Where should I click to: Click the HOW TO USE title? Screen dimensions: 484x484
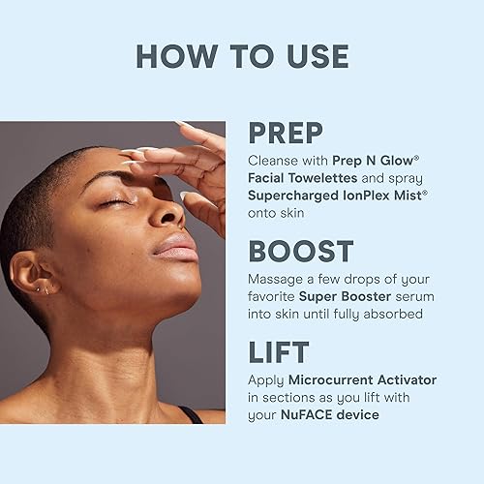point(242,55)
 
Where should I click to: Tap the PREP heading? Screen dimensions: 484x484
point(287,133)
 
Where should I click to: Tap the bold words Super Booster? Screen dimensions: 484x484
point(338,296)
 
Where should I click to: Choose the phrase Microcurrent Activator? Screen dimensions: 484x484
point(356,379)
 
